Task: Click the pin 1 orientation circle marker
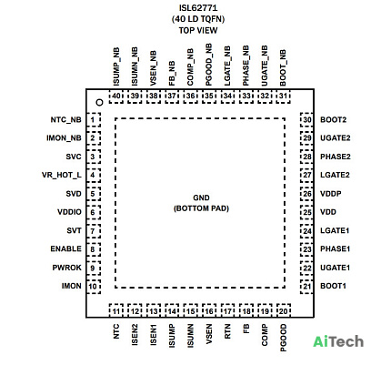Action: click(x=99, y=103)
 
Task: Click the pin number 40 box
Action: click(x=116, y=96)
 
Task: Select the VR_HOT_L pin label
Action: click(x=62, y=175)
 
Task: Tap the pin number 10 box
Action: click(x=94, y=286)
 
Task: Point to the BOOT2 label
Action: click(x=333, y=120)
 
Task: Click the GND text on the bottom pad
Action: click(x=201, y=198)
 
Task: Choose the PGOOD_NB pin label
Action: click(x=208, y=65)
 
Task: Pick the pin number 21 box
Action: click(x=306, y=286)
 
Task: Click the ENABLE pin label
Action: click(x=65, y=248)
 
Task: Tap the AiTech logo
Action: click(x=338, y=341)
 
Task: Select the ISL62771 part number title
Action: click(x=198, y=7)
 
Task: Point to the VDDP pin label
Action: click(x=331, y=194)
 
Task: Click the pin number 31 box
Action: click(x=283, y=96)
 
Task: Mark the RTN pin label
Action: click(x=227, y=331)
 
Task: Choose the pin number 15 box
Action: click(x=190, y=310)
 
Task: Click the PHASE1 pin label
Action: click(x=336, y=248)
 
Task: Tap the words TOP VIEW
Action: click(x=198, y=30)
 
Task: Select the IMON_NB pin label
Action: click(x=64, y=138)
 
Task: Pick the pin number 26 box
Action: click(x=306, y=194)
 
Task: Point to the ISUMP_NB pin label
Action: click(x=116, y=66)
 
